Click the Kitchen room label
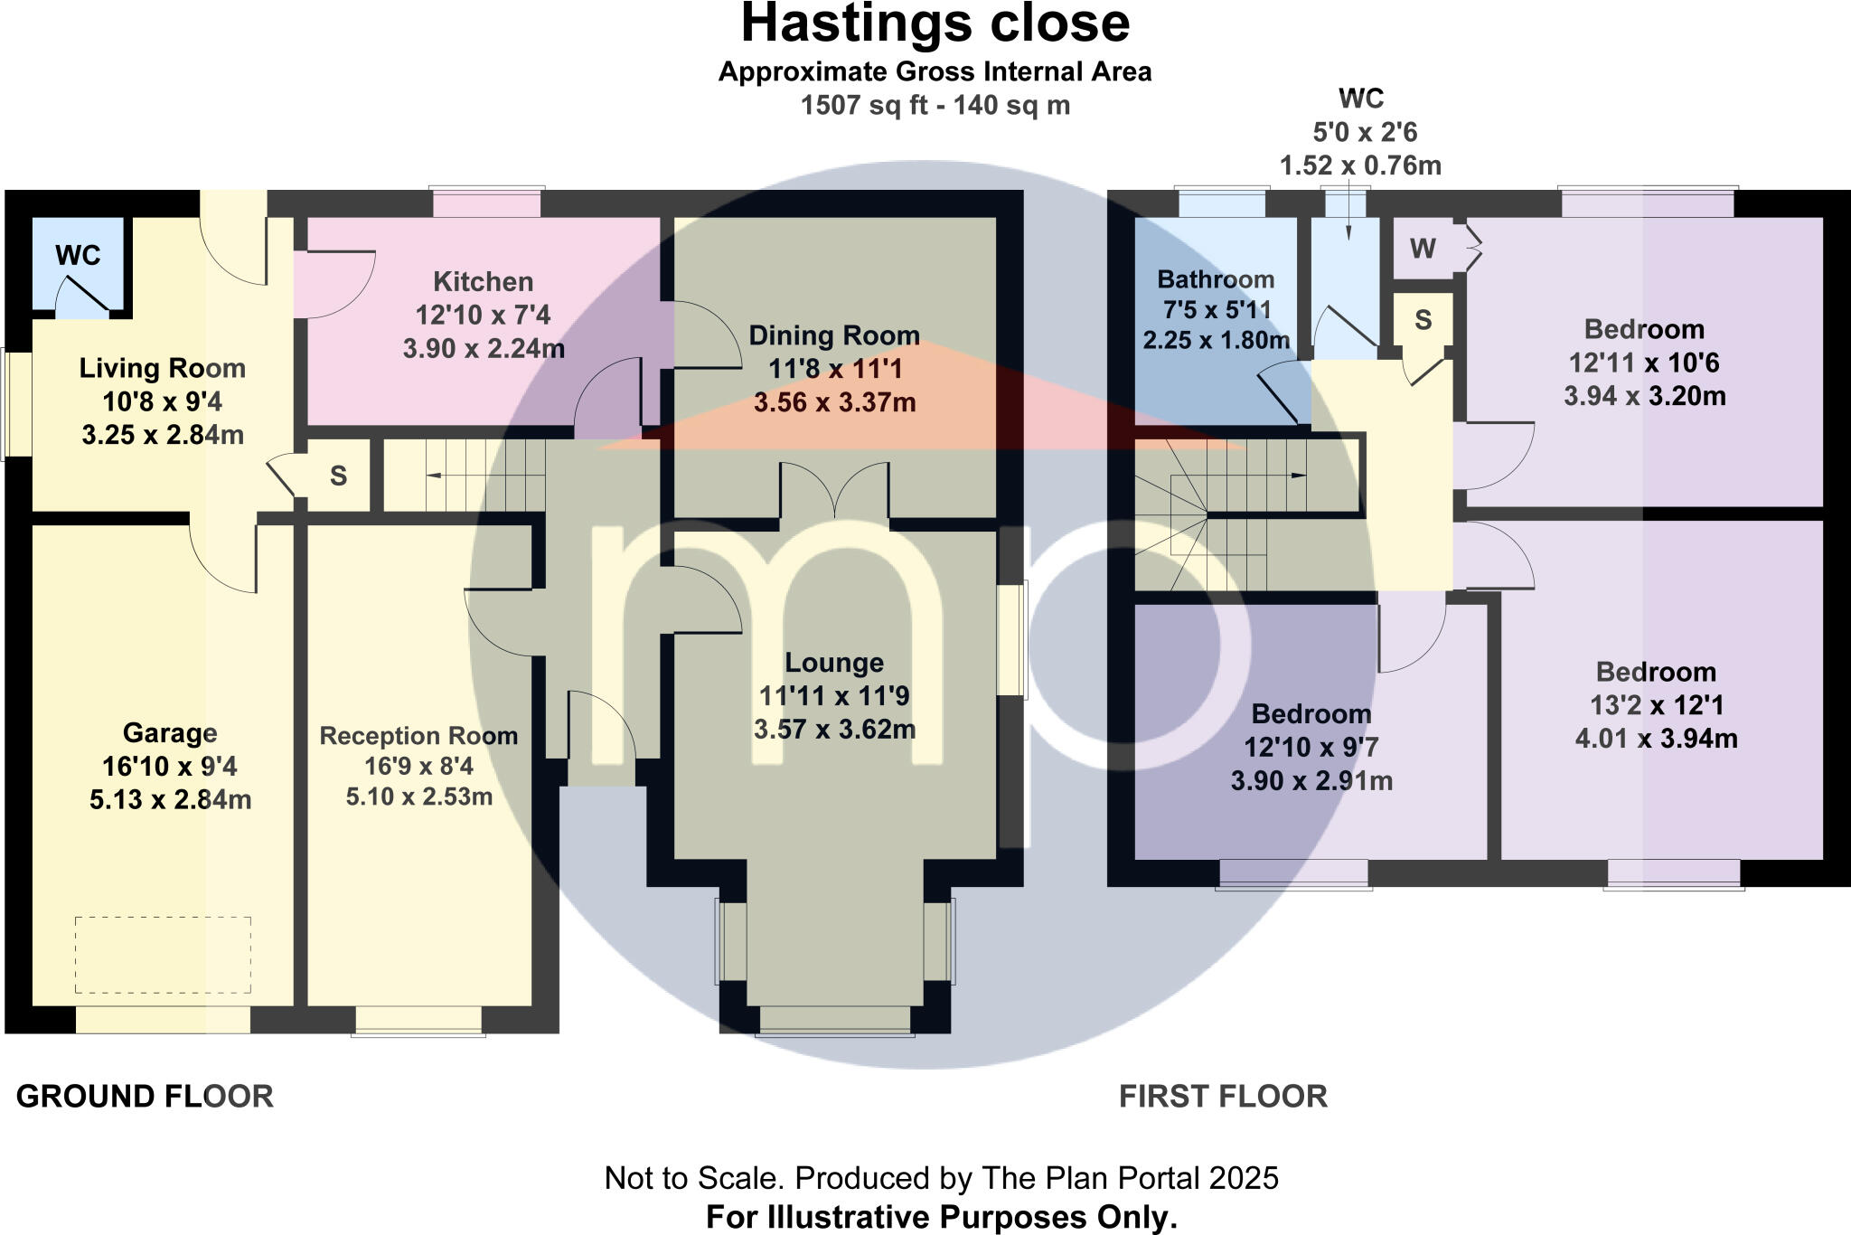pos(483,282)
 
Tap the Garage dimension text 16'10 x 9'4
pos(169,767)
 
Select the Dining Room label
pos(833,335)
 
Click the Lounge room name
pos(833,663)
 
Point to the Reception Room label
pos(418,736)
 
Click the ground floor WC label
pos(78,256)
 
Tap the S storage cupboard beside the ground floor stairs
pos(338,476)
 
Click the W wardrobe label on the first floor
pos(1423,249)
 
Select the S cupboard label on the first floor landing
pos(1423,319)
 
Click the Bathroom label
pos(1216,279)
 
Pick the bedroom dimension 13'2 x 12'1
pos(1656,705)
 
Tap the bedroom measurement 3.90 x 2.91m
pos(1311,781)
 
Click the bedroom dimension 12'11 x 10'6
pos(1643,363)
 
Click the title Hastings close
pos(935,24)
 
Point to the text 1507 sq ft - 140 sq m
pos(935,106)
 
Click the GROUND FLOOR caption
pos(145,1097)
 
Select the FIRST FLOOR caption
pos(1223,1097)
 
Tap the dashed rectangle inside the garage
pos(163,956)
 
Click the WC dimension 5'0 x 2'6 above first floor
pos(1365,133)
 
